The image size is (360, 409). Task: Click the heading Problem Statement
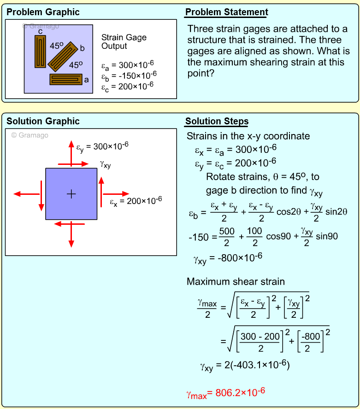tap(226, 12)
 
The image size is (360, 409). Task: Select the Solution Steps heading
tap(217, 122)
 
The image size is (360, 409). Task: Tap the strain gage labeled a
tap(66, 79)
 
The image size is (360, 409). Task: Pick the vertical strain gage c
tap(41, 51)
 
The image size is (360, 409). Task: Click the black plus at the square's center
tap(71, 194)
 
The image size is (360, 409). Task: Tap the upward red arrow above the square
tap(71, 152)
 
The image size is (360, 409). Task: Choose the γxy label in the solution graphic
tap(105, 164)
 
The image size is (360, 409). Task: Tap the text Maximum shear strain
tap(236, 281)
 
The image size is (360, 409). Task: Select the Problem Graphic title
tap(43, 12)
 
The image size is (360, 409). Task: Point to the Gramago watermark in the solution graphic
tap(30, 135)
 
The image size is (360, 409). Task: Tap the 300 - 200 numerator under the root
tap(260, 337)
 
